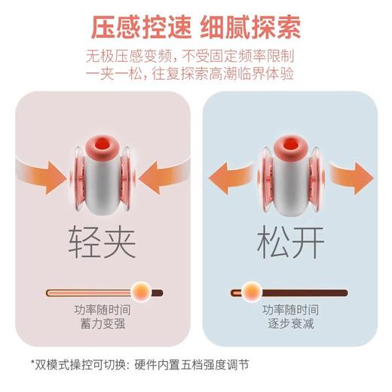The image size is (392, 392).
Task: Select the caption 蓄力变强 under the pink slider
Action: click(x=101, y=325)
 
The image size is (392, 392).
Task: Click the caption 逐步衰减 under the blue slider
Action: click(x=289, y=325)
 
